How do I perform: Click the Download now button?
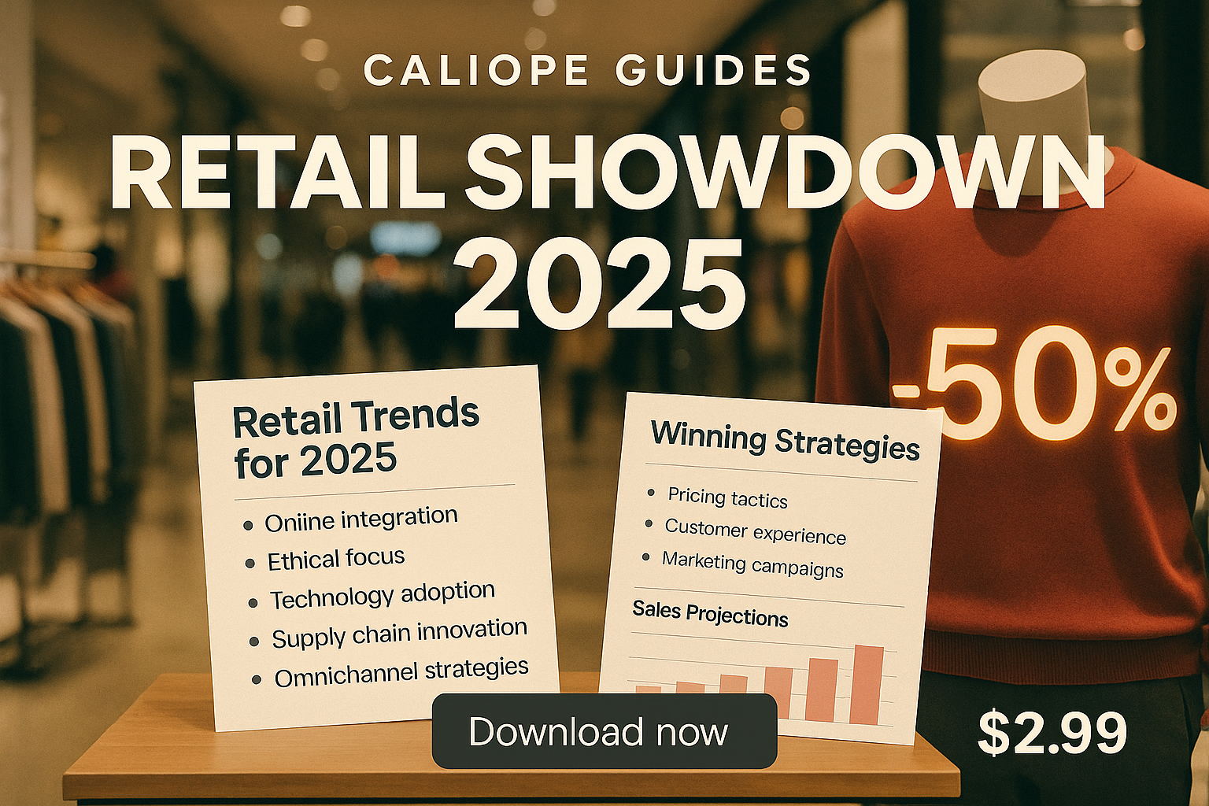tap(604, 731)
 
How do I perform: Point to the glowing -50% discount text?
tap(1033, 386)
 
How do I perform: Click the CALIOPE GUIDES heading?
tap(588, 70)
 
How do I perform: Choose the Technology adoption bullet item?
tap(383, 595)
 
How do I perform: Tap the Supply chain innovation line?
tap(400, 634)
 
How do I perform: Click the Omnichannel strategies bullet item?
tap(401, 673)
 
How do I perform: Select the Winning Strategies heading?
tap(786, 440)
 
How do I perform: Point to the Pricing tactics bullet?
tap(727, 497)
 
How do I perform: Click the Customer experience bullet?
tap(756, 531)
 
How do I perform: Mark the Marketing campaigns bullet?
tap(752, 564)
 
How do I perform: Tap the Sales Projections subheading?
tap(710, 614)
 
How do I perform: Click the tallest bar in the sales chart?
tap(867, 685)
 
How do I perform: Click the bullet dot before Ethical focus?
tap(250, 564)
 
